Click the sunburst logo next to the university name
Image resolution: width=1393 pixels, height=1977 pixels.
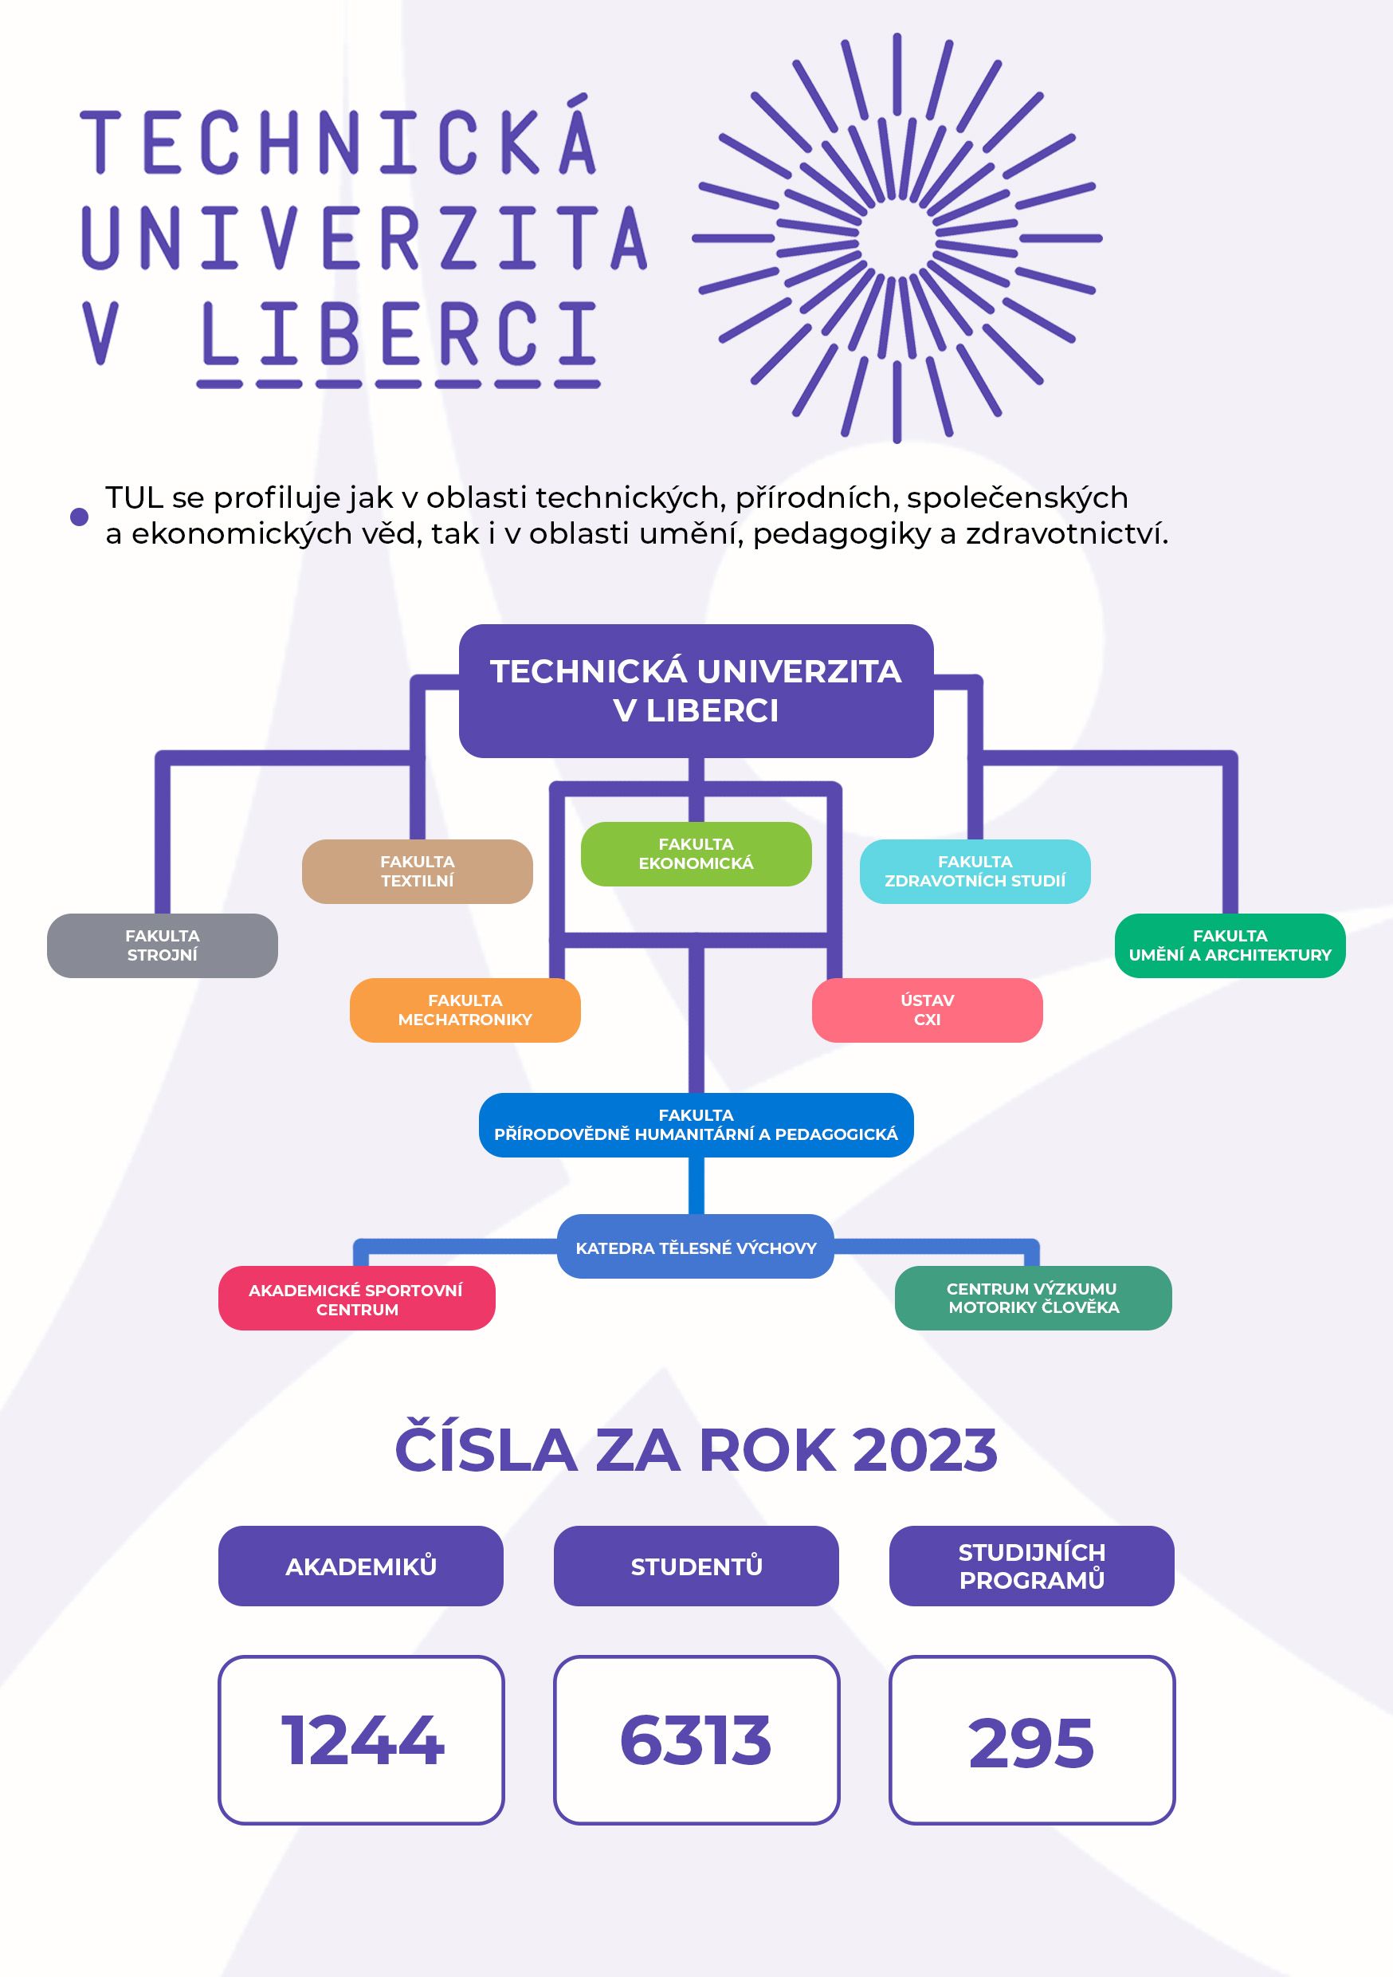pyautogui.click(x=897, y=238)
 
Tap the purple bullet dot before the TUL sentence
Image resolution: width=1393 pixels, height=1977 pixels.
pyautogui.click(x=79, y=517)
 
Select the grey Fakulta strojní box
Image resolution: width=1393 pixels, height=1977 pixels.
pyautogui.click(x=162, y=945)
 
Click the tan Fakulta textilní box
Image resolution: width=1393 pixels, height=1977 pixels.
pyautogui.click(x=417, y=871)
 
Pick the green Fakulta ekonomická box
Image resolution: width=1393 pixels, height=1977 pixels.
pyautogui.click(x=696, y=854)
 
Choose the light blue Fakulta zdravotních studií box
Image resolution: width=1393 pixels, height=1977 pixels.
pyautogui.click(x=975, y=871)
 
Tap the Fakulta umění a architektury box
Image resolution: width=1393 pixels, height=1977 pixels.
pyautogui.click(x=1230, y=945)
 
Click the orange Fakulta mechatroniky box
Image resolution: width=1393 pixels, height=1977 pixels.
pyautogui.click(x=465, y=1010)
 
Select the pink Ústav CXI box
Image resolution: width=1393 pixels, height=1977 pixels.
pyautogui.click(x=928, y=1010)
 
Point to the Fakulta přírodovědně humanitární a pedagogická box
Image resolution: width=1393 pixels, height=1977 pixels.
pyautogui.click(x=696, y=1125)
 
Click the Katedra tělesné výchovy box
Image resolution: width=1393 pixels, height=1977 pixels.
pyautogui.click(x=696, y=1248)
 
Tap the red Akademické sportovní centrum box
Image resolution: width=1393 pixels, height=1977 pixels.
pyautogui.click(x=356, y=1299)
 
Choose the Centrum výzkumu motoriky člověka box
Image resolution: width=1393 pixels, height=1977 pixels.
pyautogui.click(x=1033, y=1298)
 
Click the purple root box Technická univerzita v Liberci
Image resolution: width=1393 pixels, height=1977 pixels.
pyautogui.click(x=696, y=690)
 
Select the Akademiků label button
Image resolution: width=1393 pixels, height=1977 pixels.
pyautogui.click(x=361, y=1566)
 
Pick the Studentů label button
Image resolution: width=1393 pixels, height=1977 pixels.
pyautogui.click(x=696, y=1566)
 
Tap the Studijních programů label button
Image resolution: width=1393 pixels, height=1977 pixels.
pyautogui.click(x=1031, y=1566)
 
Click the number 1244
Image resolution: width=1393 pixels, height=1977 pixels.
pyautogui.click(x=362, y=1741)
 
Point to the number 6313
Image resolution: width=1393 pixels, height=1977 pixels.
pyautogui.click(x=696, y=1741)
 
